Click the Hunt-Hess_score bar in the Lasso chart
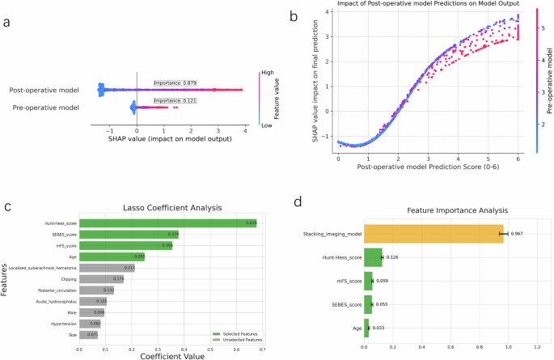pyautogui.click(x=167, y=222)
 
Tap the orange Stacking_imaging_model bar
pyautogui.click(x=433, y=234)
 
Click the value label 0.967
pyautogui.click(x=518, y=234)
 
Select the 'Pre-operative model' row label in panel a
pyautogui.click(x=45, y=107)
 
